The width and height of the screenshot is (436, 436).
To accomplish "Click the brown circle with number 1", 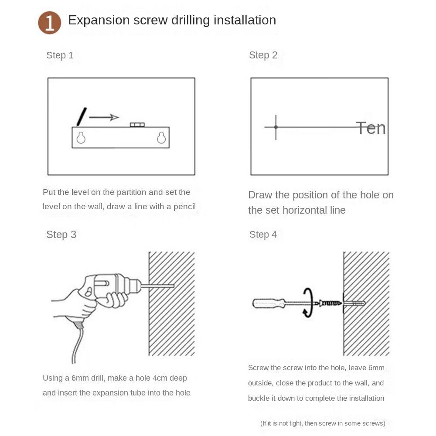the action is [x=49, y=23].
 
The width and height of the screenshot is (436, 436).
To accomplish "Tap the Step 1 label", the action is [x=60, y=55].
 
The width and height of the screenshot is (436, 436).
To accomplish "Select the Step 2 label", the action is [x=263, y=55].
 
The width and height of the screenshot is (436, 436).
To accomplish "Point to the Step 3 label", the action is [x=61, y=235].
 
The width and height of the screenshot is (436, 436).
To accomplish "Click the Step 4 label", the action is [x=263, y=235].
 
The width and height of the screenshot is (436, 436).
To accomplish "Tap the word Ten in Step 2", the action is [x=371, y=128].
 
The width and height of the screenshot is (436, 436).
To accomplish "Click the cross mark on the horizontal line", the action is [x=276, y=127].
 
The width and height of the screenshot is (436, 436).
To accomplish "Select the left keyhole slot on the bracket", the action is [x=81, y=138].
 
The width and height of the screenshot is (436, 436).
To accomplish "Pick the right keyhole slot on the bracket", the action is [x=161, y=138].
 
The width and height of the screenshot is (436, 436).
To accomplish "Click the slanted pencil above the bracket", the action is [x=82, y=116].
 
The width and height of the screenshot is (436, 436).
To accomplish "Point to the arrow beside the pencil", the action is [x=104, y=117].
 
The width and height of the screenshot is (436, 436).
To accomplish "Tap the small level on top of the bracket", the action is [x=137, y=125].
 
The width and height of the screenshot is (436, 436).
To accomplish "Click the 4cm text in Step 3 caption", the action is [x=158, y=378].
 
